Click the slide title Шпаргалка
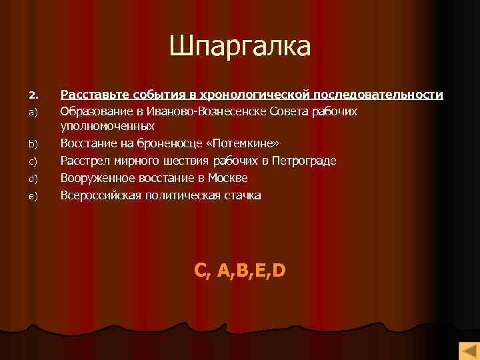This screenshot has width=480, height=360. (x=240, y=47)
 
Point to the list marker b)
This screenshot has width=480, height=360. (x=33, y=144)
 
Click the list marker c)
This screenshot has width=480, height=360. (x=33, y=161)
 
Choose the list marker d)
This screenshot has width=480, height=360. (x=33, y=179)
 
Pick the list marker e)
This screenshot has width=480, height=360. (x=33, y=196)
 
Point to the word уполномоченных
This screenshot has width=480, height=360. (x=107, y=125)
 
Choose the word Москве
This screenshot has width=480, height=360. (x=229, y=178)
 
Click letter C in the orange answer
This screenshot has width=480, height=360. (x=201, y=270)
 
